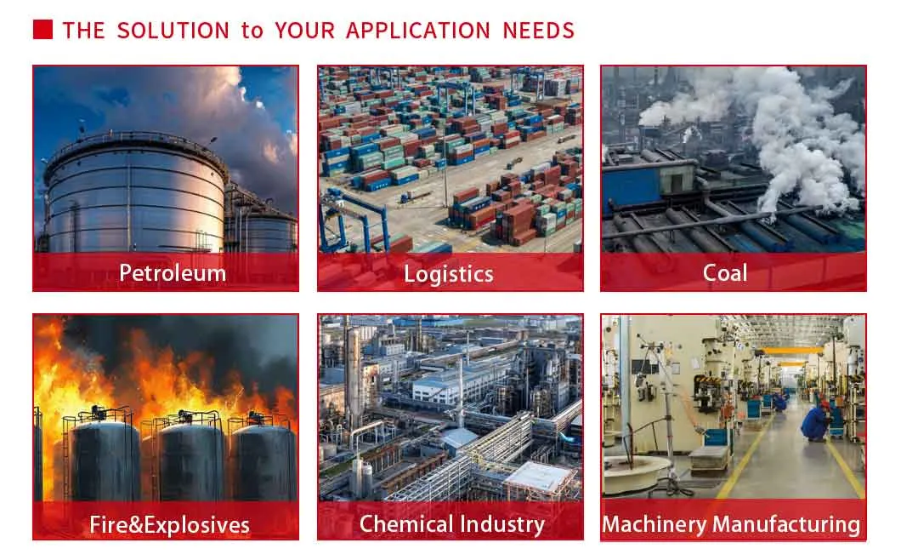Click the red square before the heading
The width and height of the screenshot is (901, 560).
click(x=43, y=29)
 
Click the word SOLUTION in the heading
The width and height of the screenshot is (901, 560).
click(x=173, y=31)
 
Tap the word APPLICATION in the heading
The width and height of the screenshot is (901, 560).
click(x=418, y=31)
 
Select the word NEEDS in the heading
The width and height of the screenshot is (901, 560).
click(x=538, y=31)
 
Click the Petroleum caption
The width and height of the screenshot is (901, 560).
click(x=173, y=273)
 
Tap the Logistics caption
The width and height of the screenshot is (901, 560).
click(x=448, y=274)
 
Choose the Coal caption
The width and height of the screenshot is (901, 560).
click(x=725, y=273)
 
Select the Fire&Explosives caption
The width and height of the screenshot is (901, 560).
click(x=169, y=525)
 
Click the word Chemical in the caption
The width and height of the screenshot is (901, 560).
click(x=406, y=524)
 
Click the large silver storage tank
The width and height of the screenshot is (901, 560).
click(x=135, y=196)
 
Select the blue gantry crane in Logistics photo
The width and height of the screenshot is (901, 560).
click(x=354, y=221)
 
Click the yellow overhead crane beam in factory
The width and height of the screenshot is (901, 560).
click(x=793, y=351)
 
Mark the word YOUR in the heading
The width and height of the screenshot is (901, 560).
click(x=304, y=31)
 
